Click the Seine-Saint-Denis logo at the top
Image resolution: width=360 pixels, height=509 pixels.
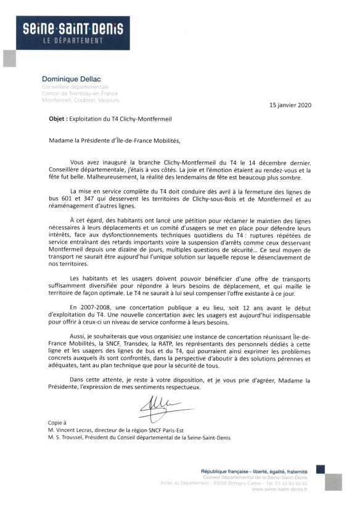(x=72, y=33)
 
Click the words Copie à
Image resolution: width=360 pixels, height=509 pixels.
(x=57, y=423)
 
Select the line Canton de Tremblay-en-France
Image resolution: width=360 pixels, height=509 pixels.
(x=80, y=93)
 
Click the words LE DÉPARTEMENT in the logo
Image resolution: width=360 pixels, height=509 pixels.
(x=72, y=41)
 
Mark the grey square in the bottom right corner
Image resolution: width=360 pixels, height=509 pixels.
(x=333, y=482)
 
